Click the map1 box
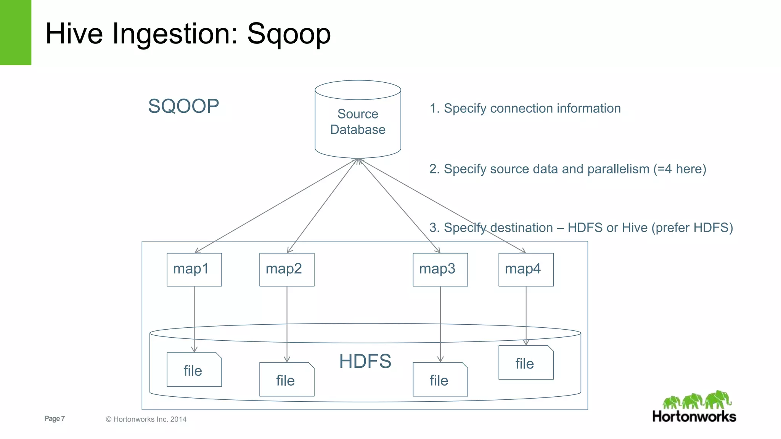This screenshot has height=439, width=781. pyautogui.click(x=194, y=269)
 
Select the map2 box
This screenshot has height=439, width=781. pyautogui.click(x=287, y=269)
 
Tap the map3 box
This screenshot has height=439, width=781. pyautogui.click(x=440, y=269)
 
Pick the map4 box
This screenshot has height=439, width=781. pyautogui.click(x=526, y=269)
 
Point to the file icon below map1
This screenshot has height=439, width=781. pyautogui.click(x=194, y=370)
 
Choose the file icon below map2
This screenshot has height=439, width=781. pyautogui.click(x=287, y=380)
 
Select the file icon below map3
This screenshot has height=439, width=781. pyautogui.click(x=440, y=380)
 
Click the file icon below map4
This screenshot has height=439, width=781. pyautogui.click(x=526, y=363)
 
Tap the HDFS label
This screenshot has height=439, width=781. pyautogui.click(x=365, y=361)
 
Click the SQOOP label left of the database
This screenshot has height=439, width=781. pyautogui.click(x=183, y=106)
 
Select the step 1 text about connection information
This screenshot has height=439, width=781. pyautogui.click(x=525, y=108)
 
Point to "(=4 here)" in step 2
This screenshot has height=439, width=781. pyautogui.click(x=680, y=169)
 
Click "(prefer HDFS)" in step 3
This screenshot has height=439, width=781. pyautogui.click(x=692, y=228)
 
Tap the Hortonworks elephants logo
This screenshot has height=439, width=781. pyautogui.click(x=697, y=400)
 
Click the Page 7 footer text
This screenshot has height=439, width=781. pyautogui.click(x=55, y=418)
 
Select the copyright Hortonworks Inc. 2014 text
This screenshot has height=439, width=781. pyautogui.click(x=146, y=419)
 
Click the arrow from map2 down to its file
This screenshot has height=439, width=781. pyautogui.click(x=287, y=324)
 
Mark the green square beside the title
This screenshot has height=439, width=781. pyautogui.click(x=15, y=32)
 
